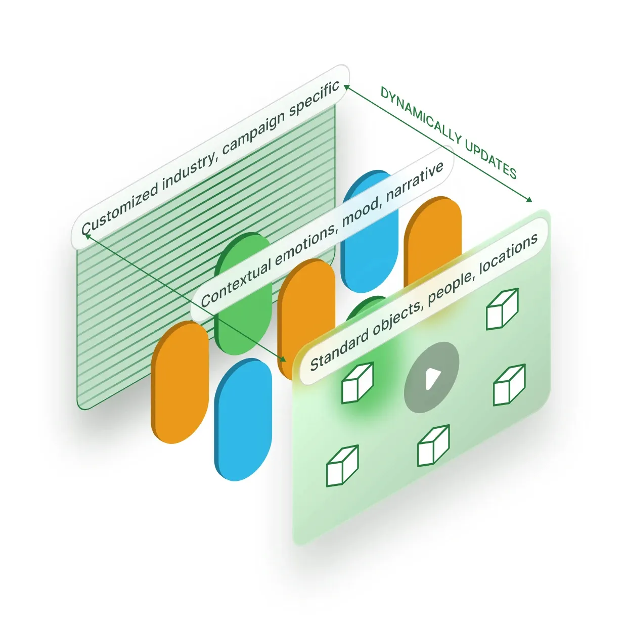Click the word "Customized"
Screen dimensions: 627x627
[x=120, y=208]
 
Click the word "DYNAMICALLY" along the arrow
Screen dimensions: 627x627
[x=421, y=116]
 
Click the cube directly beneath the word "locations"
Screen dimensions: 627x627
[x=502, y=309]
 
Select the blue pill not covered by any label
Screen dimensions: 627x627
[x=243, y=420]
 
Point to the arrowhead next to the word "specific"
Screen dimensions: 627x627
[x=346, y=87]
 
